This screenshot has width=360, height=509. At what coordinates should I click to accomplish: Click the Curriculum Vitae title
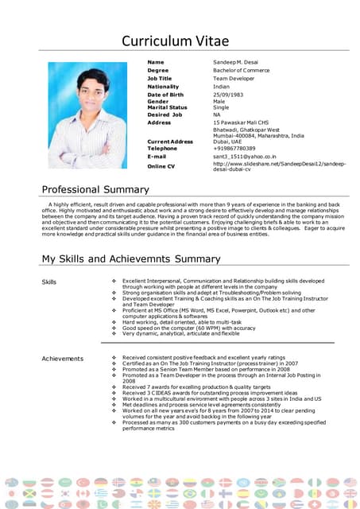click(x=180, y=41)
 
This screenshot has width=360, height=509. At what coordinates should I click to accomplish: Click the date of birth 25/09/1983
click(x=229, y=95)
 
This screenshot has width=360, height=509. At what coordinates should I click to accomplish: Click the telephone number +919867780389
click(x=234, y=148)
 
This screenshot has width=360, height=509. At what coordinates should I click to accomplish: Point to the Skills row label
click(x=49, y=282)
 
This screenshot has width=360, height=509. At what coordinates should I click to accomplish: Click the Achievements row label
click(x=62, y=359)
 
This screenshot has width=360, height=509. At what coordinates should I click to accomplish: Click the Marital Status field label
click(x=168, y=107)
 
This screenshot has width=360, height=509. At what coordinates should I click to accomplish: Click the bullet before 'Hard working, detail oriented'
click(x=115, y=322)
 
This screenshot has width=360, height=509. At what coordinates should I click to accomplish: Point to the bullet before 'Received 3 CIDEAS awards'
click(x=115, y=391)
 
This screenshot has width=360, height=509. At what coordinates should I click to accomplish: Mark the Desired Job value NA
click(x=217, y=115)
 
